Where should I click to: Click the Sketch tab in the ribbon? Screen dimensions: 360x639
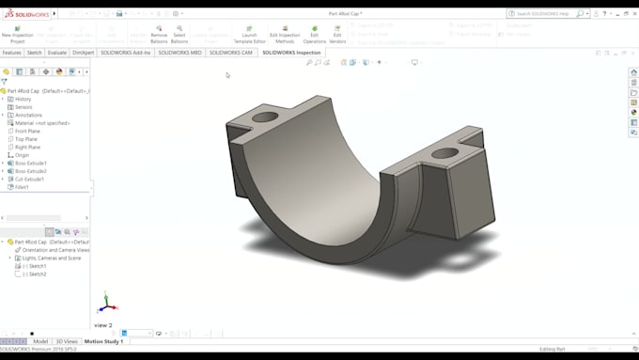coord(34,53)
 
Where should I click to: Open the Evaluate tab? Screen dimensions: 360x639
coord(57,53)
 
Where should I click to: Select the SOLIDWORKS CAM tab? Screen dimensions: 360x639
coord(231,53)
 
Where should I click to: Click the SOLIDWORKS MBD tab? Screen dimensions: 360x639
coord(179,53)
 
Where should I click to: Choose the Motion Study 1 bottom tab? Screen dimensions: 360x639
coord(103,341)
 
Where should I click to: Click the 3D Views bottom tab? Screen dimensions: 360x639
coord(67,341)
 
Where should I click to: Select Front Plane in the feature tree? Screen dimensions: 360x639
coord(27,132)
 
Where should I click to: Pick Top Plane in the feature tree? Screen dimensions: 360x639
coord(25,139)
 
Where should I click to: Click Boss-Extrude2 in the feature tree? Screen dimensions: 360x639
coord(30,171)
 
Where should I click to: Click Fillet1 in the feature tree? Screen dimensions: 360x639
coord(22,187)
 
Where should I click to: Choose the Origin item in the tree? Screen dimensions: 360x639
coord(22,155)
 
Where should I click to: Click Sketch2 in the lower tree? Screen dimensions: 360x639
coord(37,274)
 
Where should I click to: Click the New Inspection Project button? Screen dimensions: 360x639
coord(17,33)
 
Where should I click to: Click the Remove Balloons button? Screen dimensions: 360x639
coord(159,33)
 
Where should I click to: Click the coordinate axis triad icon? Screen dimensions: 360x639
coord(107,304)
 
